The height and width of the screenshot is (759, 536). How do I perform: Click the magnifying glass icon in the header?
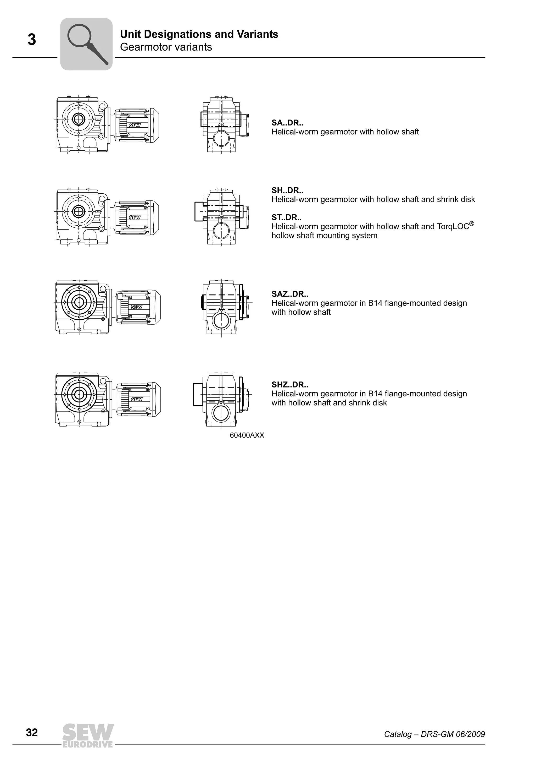[87, 44]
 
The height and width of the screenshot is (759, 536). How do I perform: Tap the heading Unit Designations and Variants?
[199, 34]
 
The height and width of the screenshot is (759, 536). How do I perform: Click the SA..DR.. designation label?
[287, 123]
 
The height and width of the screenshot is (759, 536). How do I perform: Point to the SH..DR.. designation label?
[287, 190]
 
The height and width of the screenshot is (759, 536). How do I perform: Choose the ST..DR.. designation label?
[286, 217]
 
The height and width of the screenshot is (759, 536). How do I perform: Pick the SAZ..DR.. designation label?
[290, 294]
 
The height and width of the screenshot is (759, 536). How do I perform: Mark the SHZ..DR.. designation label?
[290, 384]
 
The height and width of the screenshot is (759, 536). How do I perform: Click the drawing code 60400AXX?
[247, 435]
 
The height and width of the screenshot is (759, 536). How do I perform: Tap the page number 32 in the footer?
[32, 741]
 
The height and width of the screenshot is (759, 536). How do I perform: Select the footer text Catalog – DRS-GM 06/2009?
[434, 744]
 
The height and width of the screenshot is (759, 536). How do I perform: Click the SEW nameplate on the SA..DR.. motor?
[135, 125]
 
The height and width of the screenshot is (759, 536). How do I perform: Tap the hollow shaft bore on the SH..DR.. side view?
[79, 211]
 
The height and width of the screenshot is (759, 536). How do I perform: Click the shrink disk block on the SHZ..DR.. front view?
[198, 394]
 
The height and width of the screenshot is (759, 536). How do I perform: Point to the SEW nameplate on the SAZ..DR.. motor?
[136, 307]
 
